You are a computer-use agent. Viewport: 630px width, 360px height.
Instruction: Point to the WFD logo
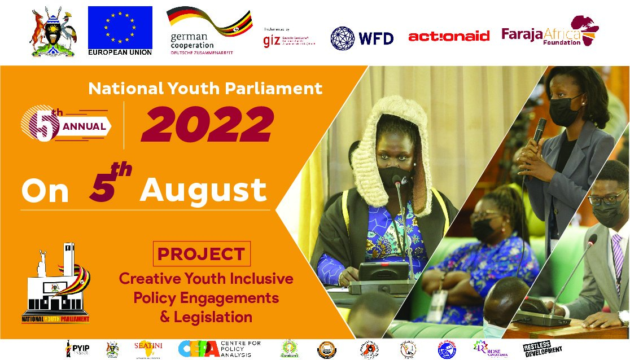tap(361, 37)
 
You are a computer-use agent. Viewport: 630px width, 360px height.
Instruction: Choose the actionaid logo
tap(448, 37)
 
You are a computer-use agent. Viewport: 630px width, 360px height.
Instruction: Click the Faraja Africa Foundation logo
tap(550, 33)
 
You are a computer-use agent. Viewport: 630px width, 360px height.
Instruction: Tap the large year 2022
tap(207, 124)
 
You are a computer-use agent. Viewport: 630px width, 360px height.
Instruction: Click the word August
tap(203, 190)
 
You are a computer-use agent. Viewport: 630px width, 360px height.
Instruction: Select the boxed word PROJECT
tap(202, 254)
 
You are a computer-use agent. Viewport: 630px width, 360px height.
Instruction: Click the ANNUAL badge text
tap(84, 126)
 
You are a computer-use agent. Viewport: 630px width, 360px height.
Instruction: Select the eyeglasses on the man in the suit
tap(607, 198)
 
